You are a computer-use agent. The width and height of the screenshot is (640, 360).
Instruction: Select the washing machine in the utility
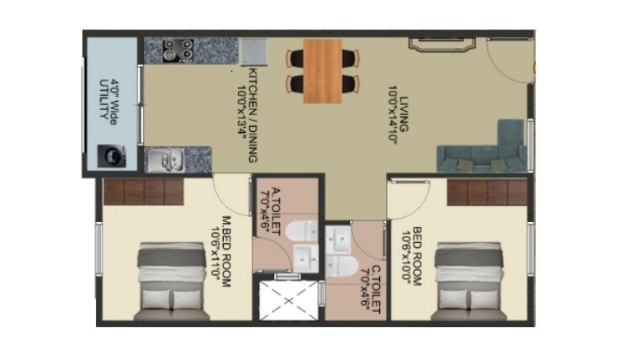pos(110,156)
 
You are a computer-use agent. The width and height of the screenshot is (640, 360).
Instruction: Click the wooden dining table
pos(323,71)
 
